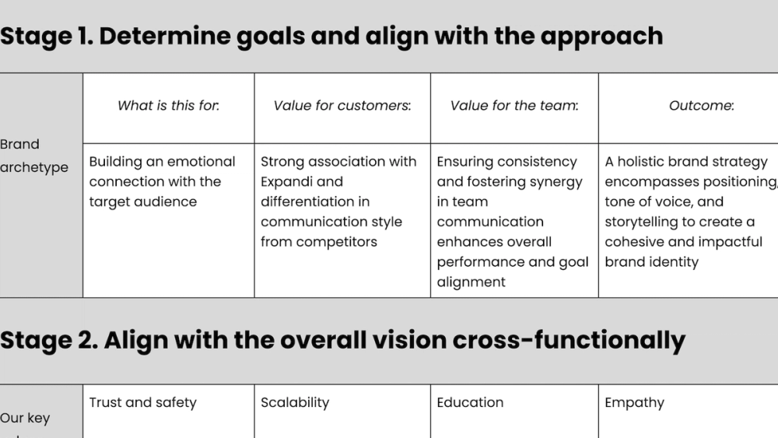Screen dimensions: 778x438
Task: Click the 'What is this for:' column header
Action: coord(168,106)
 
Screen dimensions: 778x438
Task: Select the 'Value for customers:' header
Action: coord(342,106)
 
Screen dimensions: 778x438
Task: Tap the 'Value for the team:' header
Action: coord(514,106)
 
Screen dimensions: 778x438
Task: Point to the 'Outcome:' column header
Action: coord(701,106)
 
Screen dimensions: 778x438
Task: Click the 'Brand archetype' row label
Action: coord(33,156)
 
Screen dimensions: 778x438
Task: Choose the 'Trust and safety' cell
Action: coord(142,402)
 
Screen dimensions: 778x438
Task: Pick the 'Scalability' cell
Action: coord(295,402)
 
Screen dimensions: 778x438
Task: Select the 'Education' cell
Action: coord(470,402)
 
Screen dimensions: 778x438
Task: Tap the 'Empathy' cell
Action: coord(634,402)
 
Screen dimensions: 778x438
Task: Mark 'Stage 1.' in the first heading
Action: coord(46,36)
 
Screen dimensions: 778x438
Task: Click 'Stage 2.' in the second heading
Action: coord(47,340)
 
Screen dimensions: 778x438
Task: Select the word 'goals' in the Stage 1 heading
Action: coord(272,36)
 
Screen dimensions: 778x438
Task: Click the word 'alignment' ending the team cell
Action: coord(471,282)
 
